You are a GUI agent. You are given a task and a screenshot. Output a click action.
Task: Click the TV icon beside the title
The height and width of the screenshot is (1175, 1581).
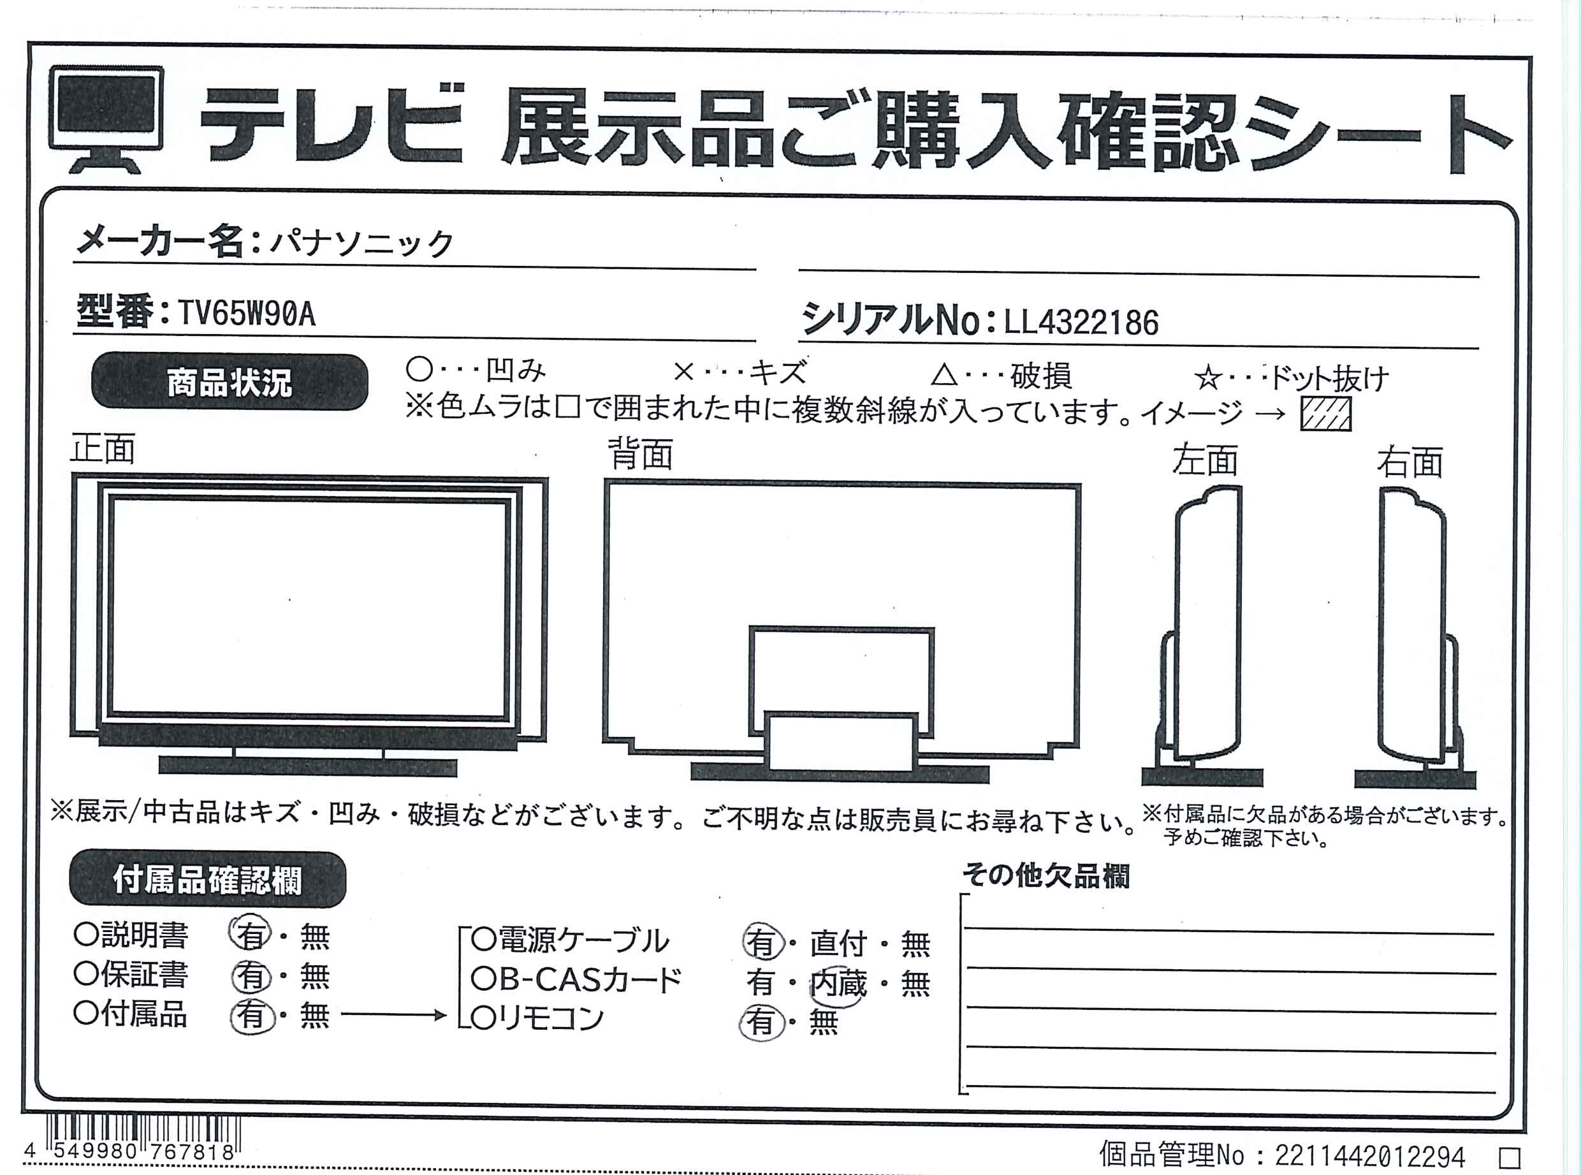click(x=106, y=119)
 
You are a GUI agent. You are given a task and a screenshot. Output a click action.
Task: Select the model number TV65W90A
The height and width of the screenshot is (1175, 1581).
click(x=246, y=314)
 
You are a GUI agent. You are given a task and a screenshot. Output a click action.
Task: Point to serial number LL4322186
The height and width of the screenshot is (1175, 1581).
click(x=1081, y=323)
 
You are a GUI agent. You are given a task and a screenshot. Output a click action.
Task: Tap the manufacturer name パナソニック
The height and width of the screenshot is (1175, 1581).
click(x=361, y=244)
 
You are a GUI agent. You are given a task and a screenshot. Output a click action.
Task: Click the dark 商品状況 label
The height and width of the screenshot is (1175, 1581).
click(x=229, y=382)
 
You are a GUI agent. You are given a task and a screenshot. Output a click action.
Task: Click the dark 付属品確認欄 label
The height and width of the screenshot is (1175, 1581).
click(x=207, y=879)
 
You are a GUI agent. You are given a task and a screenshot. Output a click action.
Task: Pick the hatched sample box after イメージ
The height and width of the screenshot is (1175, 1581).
click(x=1325, y=413)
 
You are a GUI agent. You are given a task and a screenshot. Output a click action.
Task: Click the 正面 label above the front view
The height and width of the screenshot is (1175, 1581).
click(x=103, y=449)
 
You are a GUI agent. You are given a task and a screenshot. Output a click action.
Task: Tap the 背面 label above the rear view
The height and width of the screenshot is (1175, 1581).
click(x=641, y=454)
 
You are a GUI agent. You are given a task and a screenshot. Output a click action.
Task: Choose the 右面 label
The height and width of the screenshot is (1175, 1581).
click(x=1410, y=462)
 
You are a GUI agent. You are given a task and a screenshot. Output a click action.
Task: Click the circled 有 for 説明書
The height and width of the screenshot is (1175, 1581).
click(x=251, y=935)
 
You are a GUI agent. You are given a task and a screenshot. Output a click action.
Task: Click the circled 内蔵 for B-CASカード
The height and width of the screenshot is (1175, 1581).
click(x=838, y=984)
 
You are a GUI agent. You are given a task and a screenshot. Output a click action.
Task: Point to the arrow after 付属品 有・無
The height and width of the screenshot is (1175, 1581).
click(x=393, y=1016)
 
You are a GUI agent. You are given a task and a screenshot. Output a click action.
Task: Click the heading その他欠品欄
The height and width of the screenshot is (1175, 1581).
click(x=1045, y=875)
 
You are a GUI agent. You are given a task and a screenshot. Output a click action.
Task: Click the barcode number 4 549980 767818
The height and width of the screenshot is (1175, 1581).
click(x=129, y=1151)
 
